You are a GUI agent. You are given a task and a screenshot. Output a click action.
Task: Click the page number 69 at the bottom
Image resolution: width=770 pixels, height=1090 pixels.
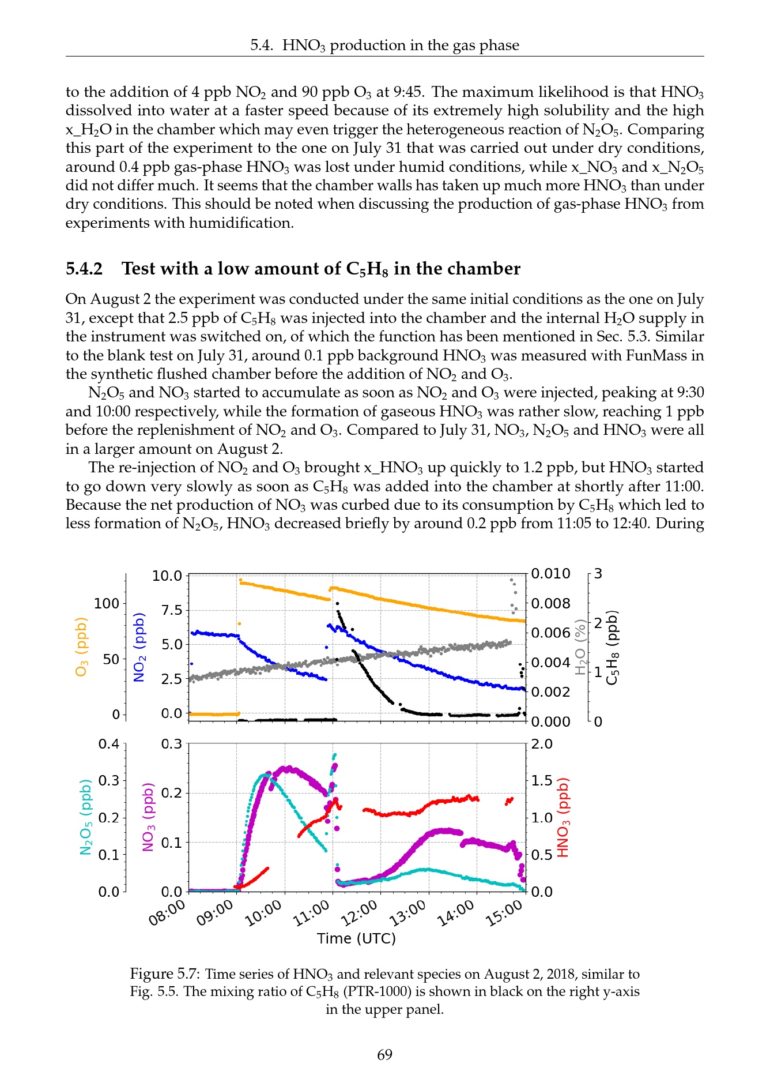click(384, 1054)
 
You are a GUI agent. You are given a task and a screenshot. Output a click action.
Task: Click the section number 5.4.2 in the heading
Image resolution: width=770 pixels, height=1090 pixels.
click(84, 269)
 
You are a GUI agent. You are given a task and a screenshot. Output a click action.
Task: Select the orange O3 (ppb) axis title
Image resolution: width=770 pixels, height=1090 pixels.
click(81, 646)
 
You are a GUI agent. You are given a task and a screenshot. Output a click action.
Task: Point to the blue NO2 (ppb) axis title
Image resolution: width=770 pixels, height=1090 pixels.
click(139, 647)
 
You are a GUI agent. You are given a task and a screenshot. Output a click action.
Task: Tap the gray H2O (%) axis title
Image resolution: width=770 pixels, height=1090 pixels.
click(580, 646)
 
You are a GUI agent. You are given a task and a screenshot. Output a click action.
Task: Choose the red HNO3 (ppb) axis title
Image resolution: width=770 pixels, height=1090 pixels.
click(563, 818)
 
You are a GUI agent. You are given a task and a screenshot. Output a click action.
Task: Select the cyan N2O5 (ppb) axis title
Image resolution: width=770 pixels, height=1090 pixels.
click(86, 817)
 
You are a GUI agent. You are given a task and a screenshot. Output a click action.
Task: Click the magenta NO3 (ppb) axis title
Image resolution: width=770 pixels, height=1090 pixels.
click(149, 817)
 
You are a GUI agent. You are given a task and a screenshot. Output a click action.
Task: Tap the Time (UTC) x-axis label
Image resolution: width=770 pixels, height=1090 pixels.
click(356, 938)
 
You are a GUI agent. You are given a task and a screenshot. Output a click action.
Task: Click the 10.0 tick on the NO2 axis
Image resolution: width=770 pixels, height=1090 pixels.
click(167, 576)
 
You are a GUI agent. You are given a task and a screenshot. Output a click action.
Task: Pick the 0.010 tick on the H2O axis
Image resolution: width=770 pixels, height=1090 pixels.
click(550, 574)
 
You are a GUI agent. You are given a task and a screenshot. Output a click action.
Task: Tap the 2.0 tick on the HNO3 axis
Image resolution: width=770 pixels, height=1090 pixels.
click(542, 744)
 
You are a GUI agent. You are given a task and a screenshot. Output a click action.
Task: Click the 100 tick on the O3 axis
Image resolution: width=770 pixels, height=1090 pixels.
click(107, 603)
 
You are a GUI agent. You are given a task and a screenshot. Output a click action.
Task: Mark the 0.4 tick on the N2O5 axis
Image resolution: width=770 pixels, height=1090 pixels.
click(109, 744)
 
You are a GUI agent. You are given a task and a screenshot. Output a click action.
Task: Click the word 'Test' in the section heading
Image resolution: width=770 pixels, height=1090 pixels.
click(138, 269)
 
